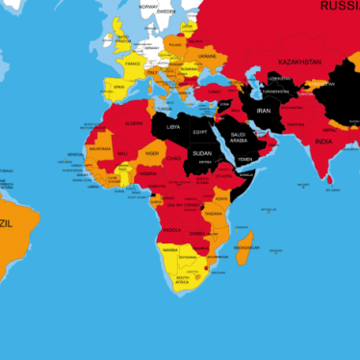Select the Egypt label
pos(200,131)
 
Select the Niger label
pos(152,154)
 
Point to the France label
pos(133,63)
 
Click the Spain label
pos(119,87)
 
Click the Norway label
pos(148,6)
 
